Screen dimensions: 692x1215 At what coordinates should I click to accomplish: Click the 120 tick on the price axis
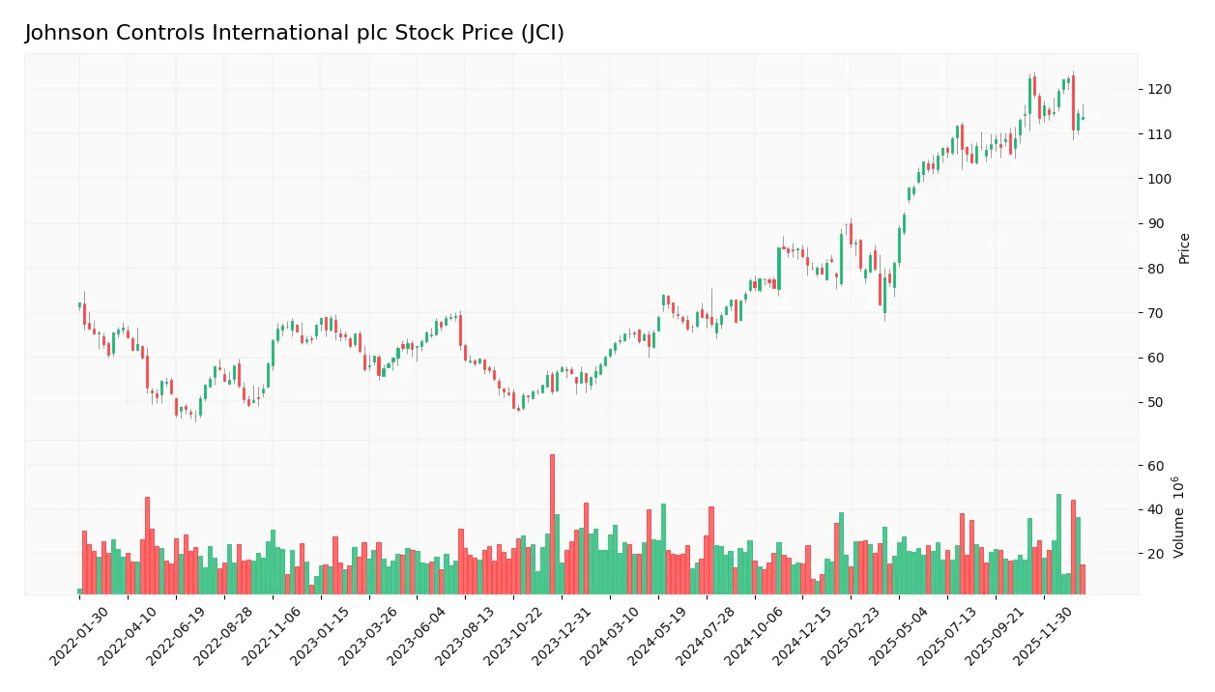1159,90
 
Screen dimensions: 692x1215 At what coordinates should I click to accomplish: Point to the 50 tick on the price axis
1155,402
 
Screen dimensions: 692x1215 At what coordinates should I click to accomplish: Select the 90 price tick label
1155,223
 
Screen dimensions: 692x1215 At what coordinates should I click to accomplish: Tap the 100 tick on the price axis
1159,179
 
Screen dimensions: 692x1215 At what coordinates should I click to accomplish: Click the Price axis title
1184,248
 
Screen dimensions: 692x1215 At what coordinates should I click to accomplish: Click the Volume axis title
1179,516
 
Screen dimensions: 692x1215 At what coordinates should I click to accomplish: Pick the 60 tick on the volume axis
1155,466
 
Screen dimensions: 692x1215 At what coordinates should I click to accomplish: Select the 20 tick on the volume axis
1155,554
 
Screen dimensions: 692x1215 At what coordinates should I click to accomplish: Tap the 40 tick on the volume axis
1155,509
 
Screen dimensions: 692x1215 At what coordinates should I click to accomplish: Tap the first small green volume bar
79,591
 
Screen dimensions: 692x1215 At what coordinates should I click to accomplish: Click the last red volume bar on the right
1083,579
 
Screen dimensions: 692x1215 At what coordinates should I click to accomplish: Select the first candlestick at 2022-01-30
79,305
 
